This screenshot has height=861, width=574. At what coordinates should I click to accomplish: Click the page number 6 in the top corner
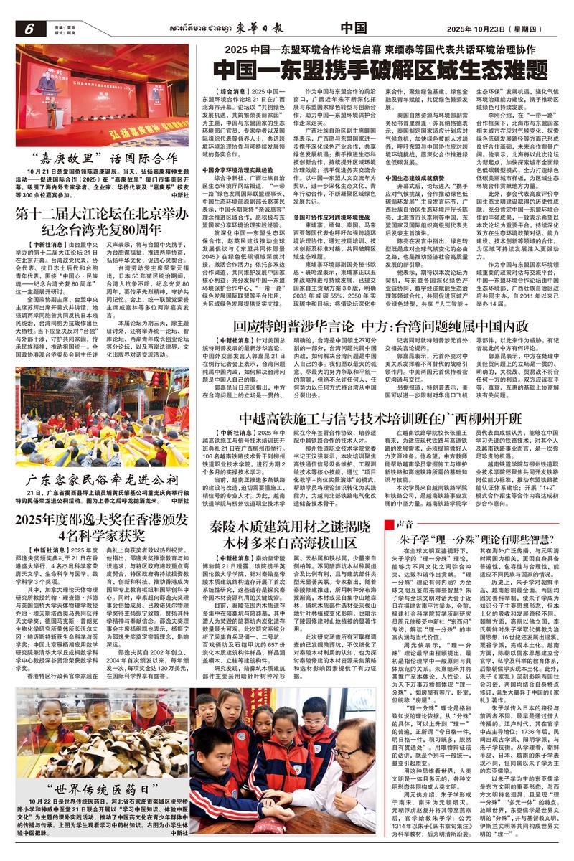pos(29,29)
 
